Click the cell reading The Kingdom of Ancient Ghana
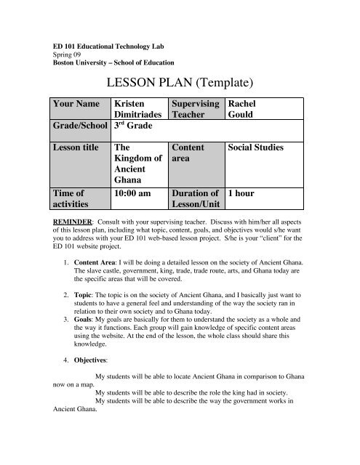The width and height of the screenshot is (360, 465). (137, 165)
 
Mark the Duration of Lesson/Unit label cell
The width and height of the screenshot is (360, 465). (195, 201)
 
